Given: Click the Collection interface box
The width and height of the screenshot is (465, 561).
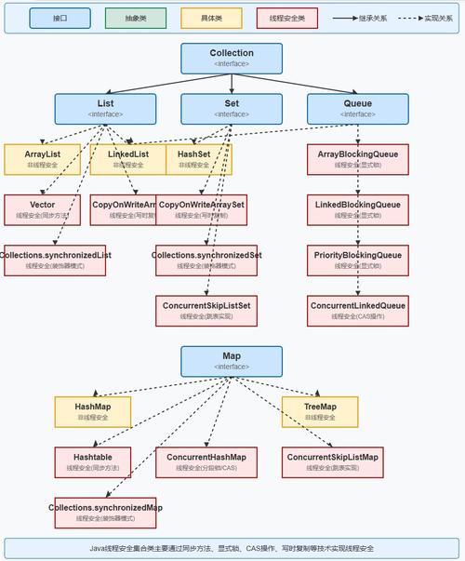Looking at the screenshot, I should point(232,58).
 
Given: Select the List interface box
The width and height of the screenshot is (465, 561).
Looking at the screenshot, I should point(105,109).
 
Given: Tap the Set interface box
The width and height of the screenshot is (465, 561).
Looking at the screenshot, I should point(232,109).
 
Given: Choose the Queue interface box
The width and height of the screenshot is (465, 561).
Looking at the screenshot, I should point(358,109).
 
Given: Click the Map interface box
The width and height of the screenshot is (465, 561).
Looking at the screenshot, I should point(232,361).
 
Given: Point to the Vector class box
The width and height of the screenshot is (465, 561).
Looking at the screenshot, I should point(42,209).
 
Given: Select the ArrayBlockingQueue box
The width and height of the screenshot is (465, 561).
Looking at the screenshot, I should point(358,159).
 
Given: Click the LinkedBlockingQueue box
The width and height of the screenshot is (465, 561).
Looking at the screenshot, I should point(358,209).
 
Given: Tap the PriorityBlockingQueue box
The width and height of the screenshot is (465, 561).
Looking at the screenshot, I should point(358,260).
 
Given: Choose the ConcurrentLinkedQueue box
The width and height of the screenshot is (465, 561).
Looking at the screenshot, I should point(358,311).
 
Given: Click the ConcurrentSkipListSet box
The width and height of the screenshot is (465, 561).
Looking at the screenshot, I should point(206,311).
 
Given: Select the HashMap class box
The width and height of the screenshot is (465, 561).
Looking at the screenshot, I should point(92,412).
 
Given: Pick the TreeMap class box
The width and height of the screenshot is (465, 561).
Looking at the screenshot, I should point(320,412).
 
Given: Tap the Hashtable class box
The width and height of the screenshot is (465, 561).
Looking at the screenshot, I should point(92,462).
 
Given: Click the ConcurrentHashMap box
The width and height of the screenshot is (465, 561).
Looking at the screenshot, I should point(206,462).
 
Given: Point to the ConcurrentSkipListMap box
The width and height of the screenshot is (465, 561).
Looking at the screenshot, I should point(333,462).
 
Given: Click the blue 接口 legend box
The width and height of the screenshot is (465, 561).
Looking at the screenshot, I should point(60,18).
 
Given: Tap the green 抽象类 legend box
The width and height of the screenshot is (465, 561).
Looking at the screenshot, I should point(136,18).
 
